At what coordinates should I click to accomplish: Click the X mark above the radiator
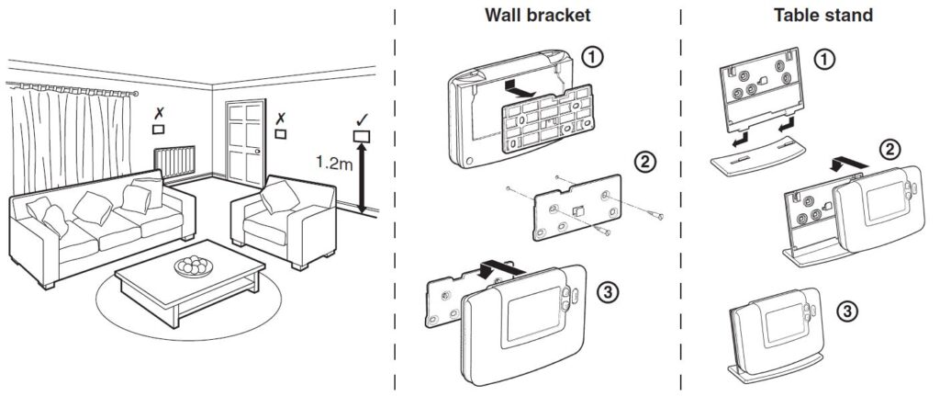coord(160,112)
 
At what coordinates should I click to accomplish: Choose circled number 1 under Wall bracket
coord(594,57)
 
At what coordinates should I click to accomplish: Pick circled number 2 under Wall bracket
coord(645,162)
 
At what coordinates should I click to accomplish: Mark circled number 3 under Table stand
coord(851,312)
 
